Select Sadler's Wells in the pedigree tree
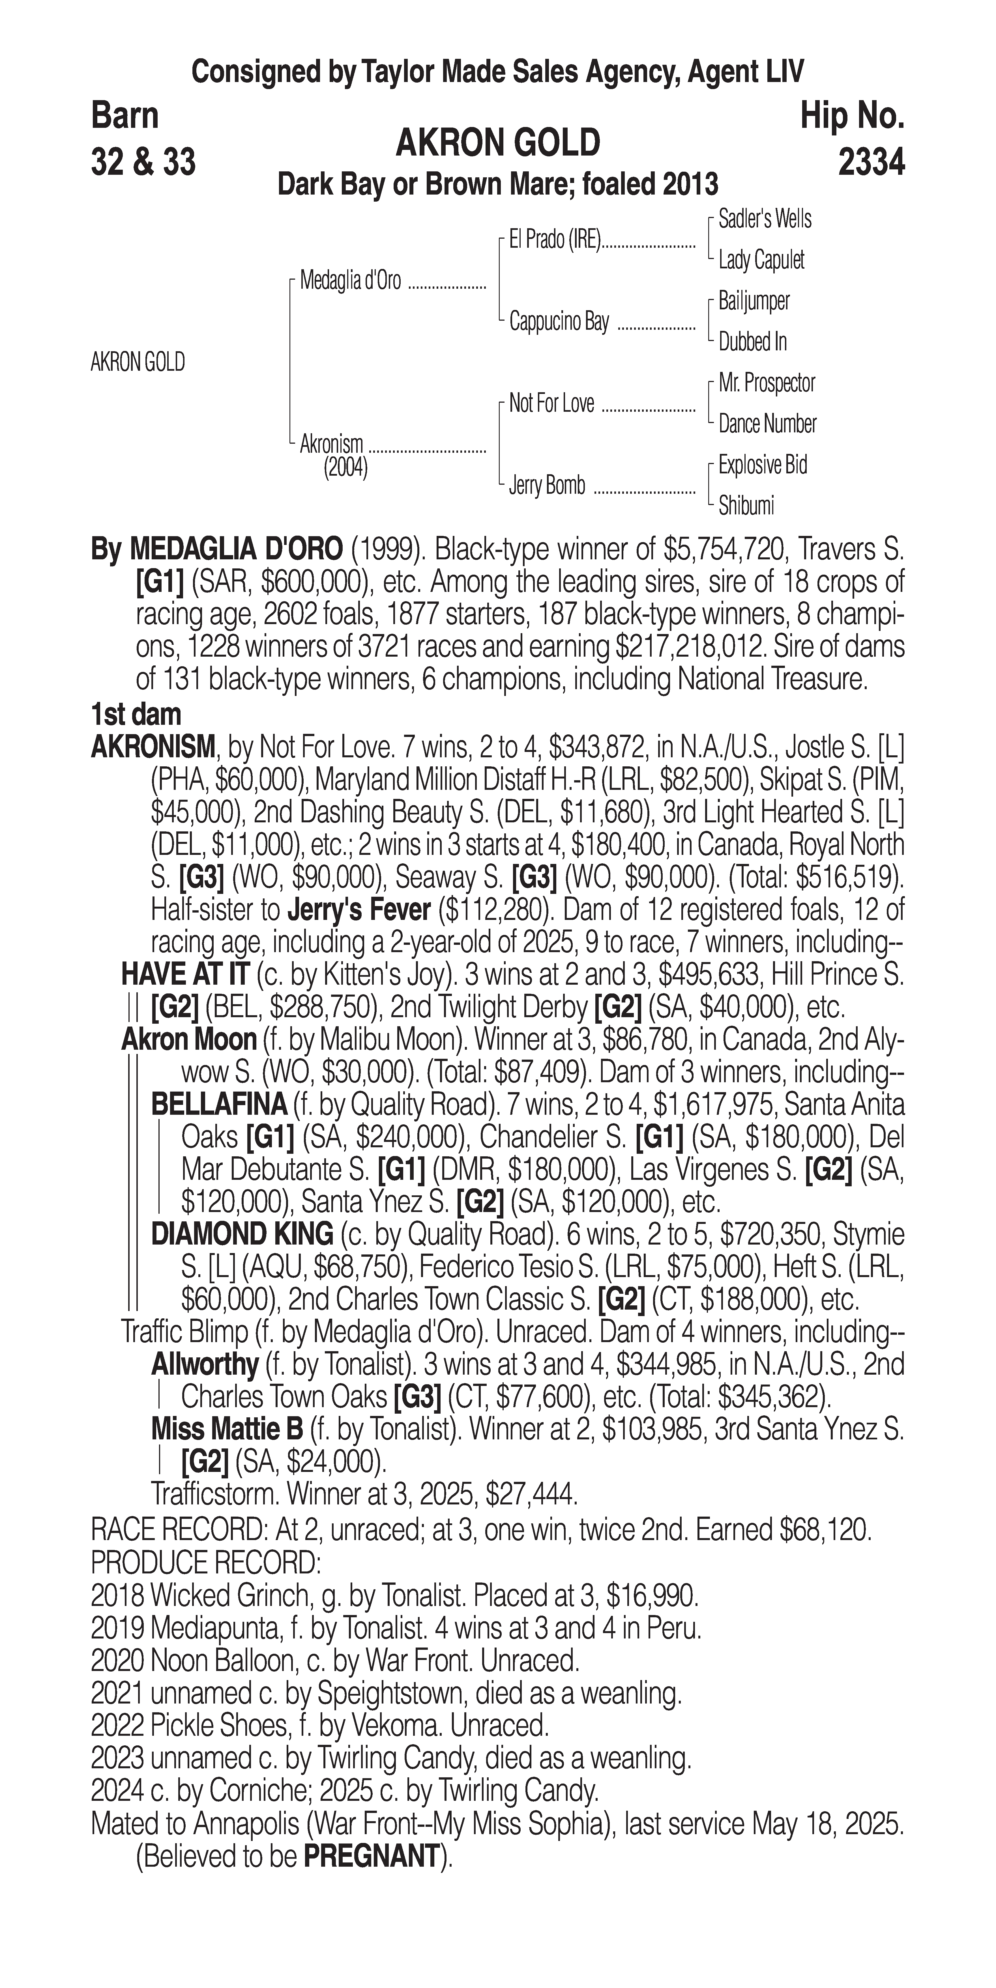pyautogui.click(x=764, y=219)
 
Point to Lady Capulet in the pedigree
pyautogui.click(x=761, y=260)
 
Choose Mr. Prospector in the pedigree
pyautogui.click(x=767, y=383)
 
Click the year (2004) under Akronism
pyautogui.click(x=345, y=468)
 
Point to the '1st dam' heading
pyautogui.click(x=136, y=715)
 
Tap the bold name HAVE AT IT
pyautogui.click(x=184, y=975)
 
